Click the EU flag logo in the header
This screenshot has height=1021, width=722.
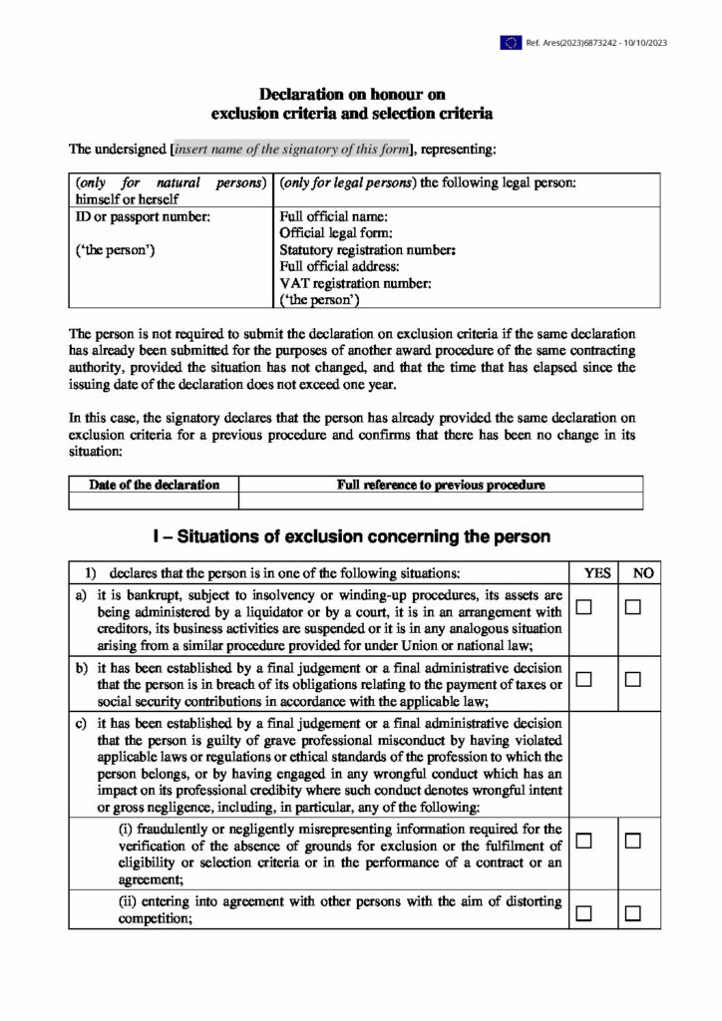511,42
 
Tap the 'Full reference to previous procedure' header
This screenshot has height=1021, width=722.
441,485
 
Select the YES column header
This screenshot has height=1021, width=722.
597,573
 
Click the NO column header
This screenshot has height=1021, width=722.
644,573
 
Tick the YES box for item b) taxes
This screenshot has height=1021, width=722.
584,679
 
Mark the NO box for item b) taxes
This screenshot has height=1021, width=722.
632,679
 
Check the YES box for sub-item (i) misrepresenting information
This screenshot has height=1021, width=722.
584,841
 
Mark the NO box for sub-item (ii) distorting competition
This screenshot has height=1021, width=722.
632,912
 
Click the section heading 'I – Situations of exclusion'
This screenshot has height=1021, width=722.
351,536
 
